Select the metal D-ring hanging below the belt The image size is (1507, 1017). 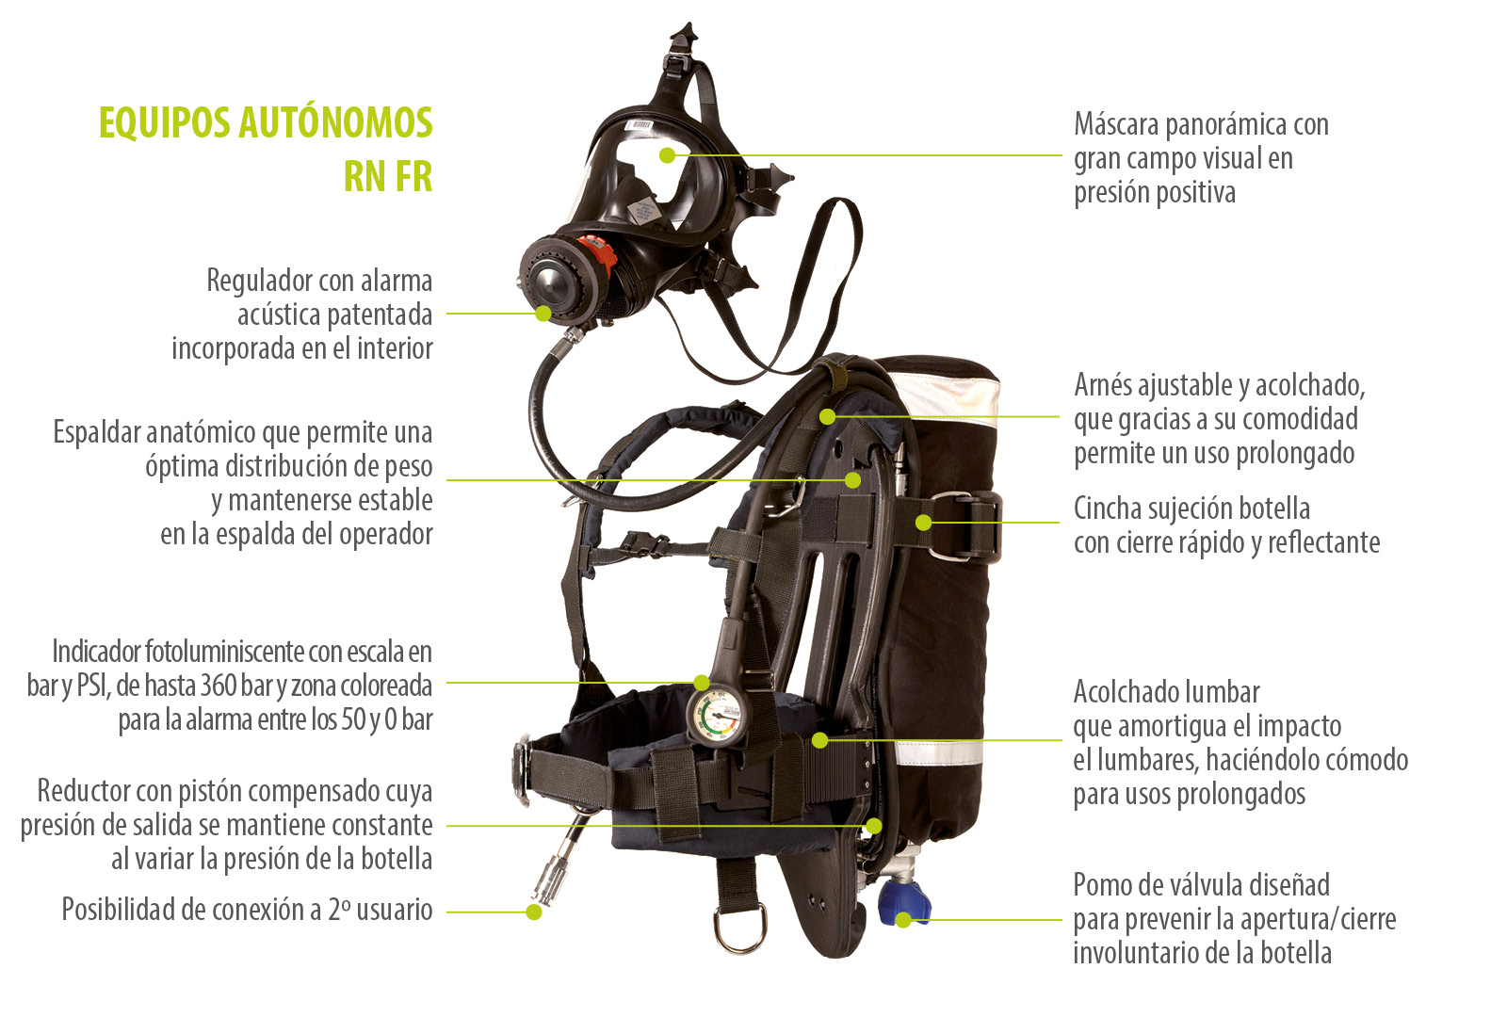pos(740,926)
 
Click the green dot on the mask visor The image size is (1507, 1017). pos(667,155)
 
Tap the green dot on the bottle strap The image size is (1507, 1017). pos(924,522)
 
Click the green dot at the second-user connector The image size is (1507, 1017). pos(533,912)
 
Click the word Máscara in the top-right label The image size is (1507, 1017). pos(1116,124)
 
